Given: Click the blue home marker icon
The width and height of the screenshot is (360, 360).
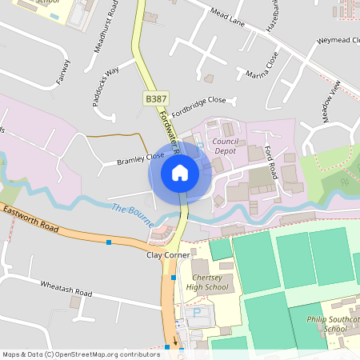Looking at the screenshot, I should pyautogui.click(x=180, y=173).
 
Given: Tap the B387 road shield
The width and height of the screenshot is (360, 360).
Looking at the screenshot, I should pyautogui.click(x=155, y=98).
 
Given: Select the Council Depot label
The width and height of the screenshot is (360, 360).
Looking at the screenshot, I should pyautogui.click(x=228, y=145).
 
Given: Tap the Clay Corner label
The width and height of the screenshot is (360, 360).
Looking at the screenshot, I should pyautogui.click(x=166, y=255).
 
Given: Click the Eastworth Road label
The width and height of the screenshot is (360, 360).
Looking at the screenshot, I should pyautogui.click(x=31, y=221).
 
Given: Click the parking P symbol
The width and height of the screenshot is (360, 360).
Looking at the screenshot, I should pyautogui.click(x=195, y=314).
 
